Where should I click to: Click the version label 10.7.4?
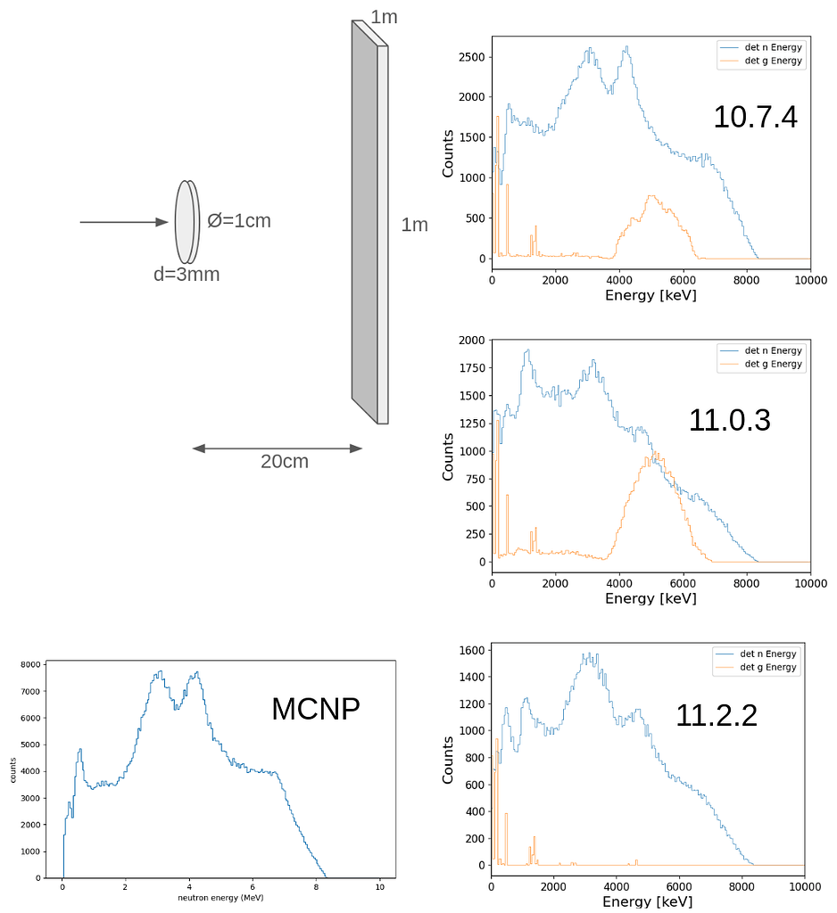tap(754, 117)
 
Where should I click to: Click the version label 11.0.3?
tap(729, 420)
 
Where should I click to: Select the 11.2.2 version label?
tap(716, 715)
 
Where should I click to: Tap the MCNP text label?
tap(316, 709)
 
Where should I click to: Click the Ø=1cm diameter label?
tap(239, 220)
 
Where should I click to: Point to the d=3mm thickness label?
tap(186, 275)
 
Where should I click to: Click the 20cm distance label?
tap(284, 461)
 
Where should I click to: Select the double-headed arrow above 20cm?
tap(278, 448)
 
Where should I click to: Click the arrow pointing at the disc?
tap(124, 222)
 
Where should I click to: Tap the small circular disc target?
tap(186, 222)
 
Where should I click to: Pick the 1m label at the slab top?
tap(384, 17)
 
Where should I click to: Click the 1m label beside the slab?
tap(414, 225)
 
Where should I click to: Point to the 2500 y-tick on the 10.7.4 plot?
tap(472, 57)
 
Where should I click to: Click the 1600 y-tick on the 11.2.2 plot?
tap(471, 650)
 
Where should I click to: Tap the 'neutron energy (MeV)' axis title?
tap(220, 898)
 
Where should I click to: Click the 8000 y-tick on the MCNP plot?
tap(30, 665)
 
